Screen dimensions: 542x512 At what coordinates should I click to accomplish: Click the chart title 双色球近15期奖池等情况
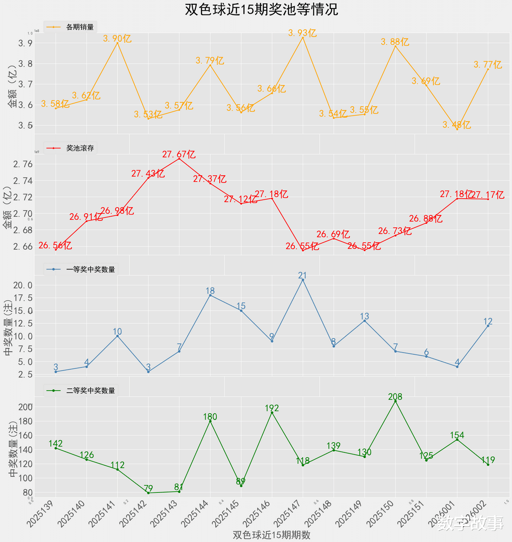tap(261, 9)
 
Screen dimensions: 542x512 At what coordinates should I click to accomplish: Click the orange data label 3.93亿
tap(302, 33)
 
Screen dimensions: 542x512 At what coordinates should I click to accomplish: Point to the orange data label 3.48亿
tap(457, 125)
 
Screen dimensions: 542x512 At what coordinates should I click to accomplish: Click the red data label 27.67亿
tap(179, 154)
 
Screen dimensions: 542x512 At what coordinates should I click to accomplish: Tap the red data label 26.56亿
tap(55, 246)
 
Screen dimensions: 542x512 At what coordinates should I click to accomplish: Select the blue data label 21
tap(303, 276)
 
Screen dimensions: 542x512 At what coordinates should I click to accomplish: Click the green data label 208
tap(395, 397)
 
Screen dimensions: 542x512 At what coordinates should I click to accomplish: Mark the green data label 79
tap(148, 488)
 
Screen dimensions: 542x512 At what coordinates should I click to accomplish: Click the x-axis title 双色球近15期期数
tap(271, 535)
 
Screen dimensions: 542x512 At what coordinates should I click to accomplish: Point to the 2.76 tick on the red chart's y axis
tap(23, 165)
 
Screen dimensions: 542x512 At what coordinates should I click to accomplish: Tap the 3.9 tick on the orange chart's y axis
tap(25, 43)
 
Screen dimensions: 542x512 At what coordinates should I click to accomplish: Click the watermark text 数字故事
tap(470, 523)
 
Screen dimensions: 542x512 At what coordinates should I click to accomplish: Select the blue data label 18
tap(210, 291)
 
